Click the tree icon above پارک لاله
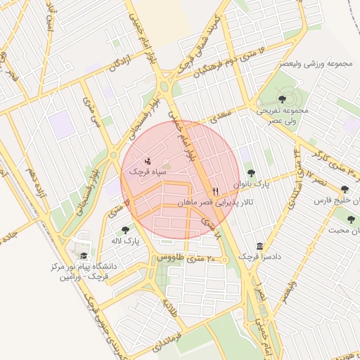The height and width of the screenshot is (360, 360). point(125,229)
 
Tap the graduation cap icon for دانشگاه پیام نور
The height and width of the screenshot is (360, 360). point(84,256)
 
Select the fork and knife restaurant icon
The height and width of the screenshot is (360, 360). point(216,191)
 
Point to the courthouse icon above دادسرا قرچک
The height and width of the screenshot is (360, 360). point(261,246)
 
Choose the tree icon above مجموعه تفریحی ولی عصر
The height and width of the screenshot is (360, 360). point(282,99)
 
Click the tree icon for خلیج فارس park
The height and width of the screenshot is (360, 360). point(345,189)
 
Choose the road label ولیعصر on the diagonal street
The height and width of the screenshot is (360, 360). point(289,292)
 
